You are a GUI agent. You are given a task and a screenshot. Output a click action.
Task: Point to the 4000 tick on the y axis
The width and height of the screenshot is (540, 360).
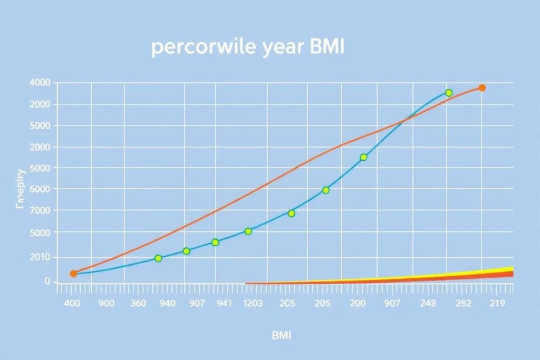click(x=41, y=83)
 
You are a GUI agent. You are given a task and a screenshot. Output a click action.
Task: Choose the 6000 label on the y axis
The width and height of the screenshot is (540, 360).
click(x=41, y=189)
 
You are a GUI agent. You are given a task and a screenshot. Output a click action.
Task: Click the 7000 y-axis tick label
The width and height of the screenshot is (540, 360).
click(x=41, y=211)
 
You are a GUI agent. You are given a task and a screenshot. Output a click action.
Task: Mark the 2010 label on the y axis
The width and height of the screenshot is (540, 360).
click(x=41, y=257)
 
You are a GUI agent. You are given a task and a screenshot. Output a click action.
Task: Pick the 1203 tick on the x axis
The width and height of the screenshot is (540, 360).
click(x=254, y=304)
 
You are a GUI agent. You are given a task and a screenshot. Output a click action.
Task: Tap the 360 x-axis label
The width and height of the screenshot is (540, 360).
click(x=139, y=304)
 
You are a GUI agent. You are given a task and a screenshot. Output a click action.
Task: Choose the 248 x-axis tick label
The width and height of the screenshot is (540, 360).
click(x=428, y=304)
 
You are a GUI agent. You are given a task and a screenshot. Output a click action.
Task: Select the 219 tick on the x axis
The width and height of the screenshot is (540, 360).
click(x=497, y=304)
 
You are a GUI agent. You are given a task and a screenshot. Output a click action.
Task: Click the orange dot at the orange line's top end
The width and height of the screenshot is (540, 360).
click(x=481, y=87)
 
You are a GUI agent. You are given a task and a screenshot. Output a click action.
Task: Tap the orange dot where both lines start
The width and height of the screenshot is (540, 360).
click(x=73, y=274)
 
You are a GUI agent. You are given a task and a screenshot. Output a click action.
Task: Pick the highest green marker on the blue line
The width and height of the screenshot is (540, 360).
click(x=449, y=93)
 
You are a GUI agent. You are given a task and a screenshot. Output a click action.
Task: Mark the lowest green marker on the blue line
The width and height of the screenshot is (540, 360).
click(x=158, y=258)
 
